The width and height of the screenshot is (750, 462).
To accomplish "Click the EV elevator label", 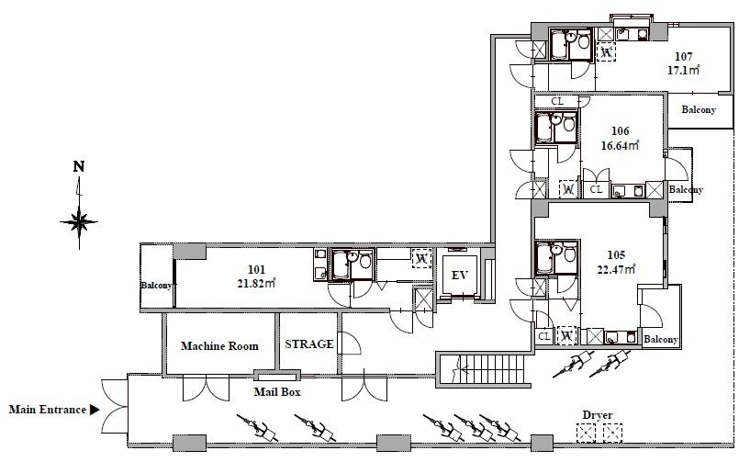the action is pyautogui.click(x=460, y=276).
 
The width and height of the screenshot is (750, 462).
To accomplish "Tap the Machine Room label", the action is pyautogui.click(x=219, y=345).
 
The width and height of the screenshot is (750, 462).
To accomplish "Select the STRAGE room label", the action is pyautogui.click(x=309, y=344).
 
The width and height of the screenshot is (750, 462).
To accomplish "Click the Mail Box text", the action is pyautogui.click(x=277, y=391).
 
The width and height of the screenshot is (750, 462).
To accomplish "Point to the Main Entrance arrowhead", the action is pyautogui.click(x=95, y=410).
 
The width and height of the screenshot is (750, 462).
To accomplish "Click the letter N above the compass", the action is pyautogui.click(x=79, y=166).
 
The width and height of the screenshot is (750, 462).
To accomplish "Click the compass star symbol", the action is pyautogui.click(x=79, y=222).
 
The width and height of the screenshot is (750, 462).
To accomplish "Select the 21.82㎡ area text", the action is pyautogui.click(x=257, y=283).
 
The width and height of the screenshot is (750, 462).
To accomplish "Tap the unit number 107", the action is pyautogui.click(x=684, y=57).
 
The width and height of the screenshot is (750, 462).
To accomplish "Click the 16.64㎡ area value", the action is pyautogui.click(x=620, y=145).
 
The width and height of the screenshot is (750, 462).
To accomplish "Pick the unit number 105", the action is pyautogui.click(x=616, y=255).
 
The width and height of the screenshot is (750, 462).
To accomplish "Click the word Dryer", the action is pyautogui.click(x=598, y=415).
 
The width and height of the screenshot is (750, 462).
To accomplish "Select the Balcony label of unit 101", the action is pyautogui.click(x=156, y=286).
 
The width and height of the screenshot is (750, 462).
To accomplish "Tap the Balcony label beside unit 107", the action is pyautogui.click(x=699, y=109).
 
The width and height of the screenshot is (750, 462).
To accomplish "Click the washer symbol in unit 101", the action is pyautogui.click(x=421, y=258).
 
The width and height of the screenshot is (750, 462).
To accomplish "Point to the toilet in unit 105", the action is pyautogui.click(x=570, y=253).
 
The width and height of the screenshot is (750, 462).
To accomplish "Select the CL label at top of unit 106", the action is pyautogui.click(x=557, y=102).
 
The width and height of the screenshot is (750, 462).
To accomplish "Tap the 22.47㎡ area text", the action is pyautogui.click(x=616, y=269).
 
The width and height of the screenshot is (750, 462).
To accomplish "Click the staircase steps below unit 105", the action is pyautogui.click(x=493, y=369).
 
